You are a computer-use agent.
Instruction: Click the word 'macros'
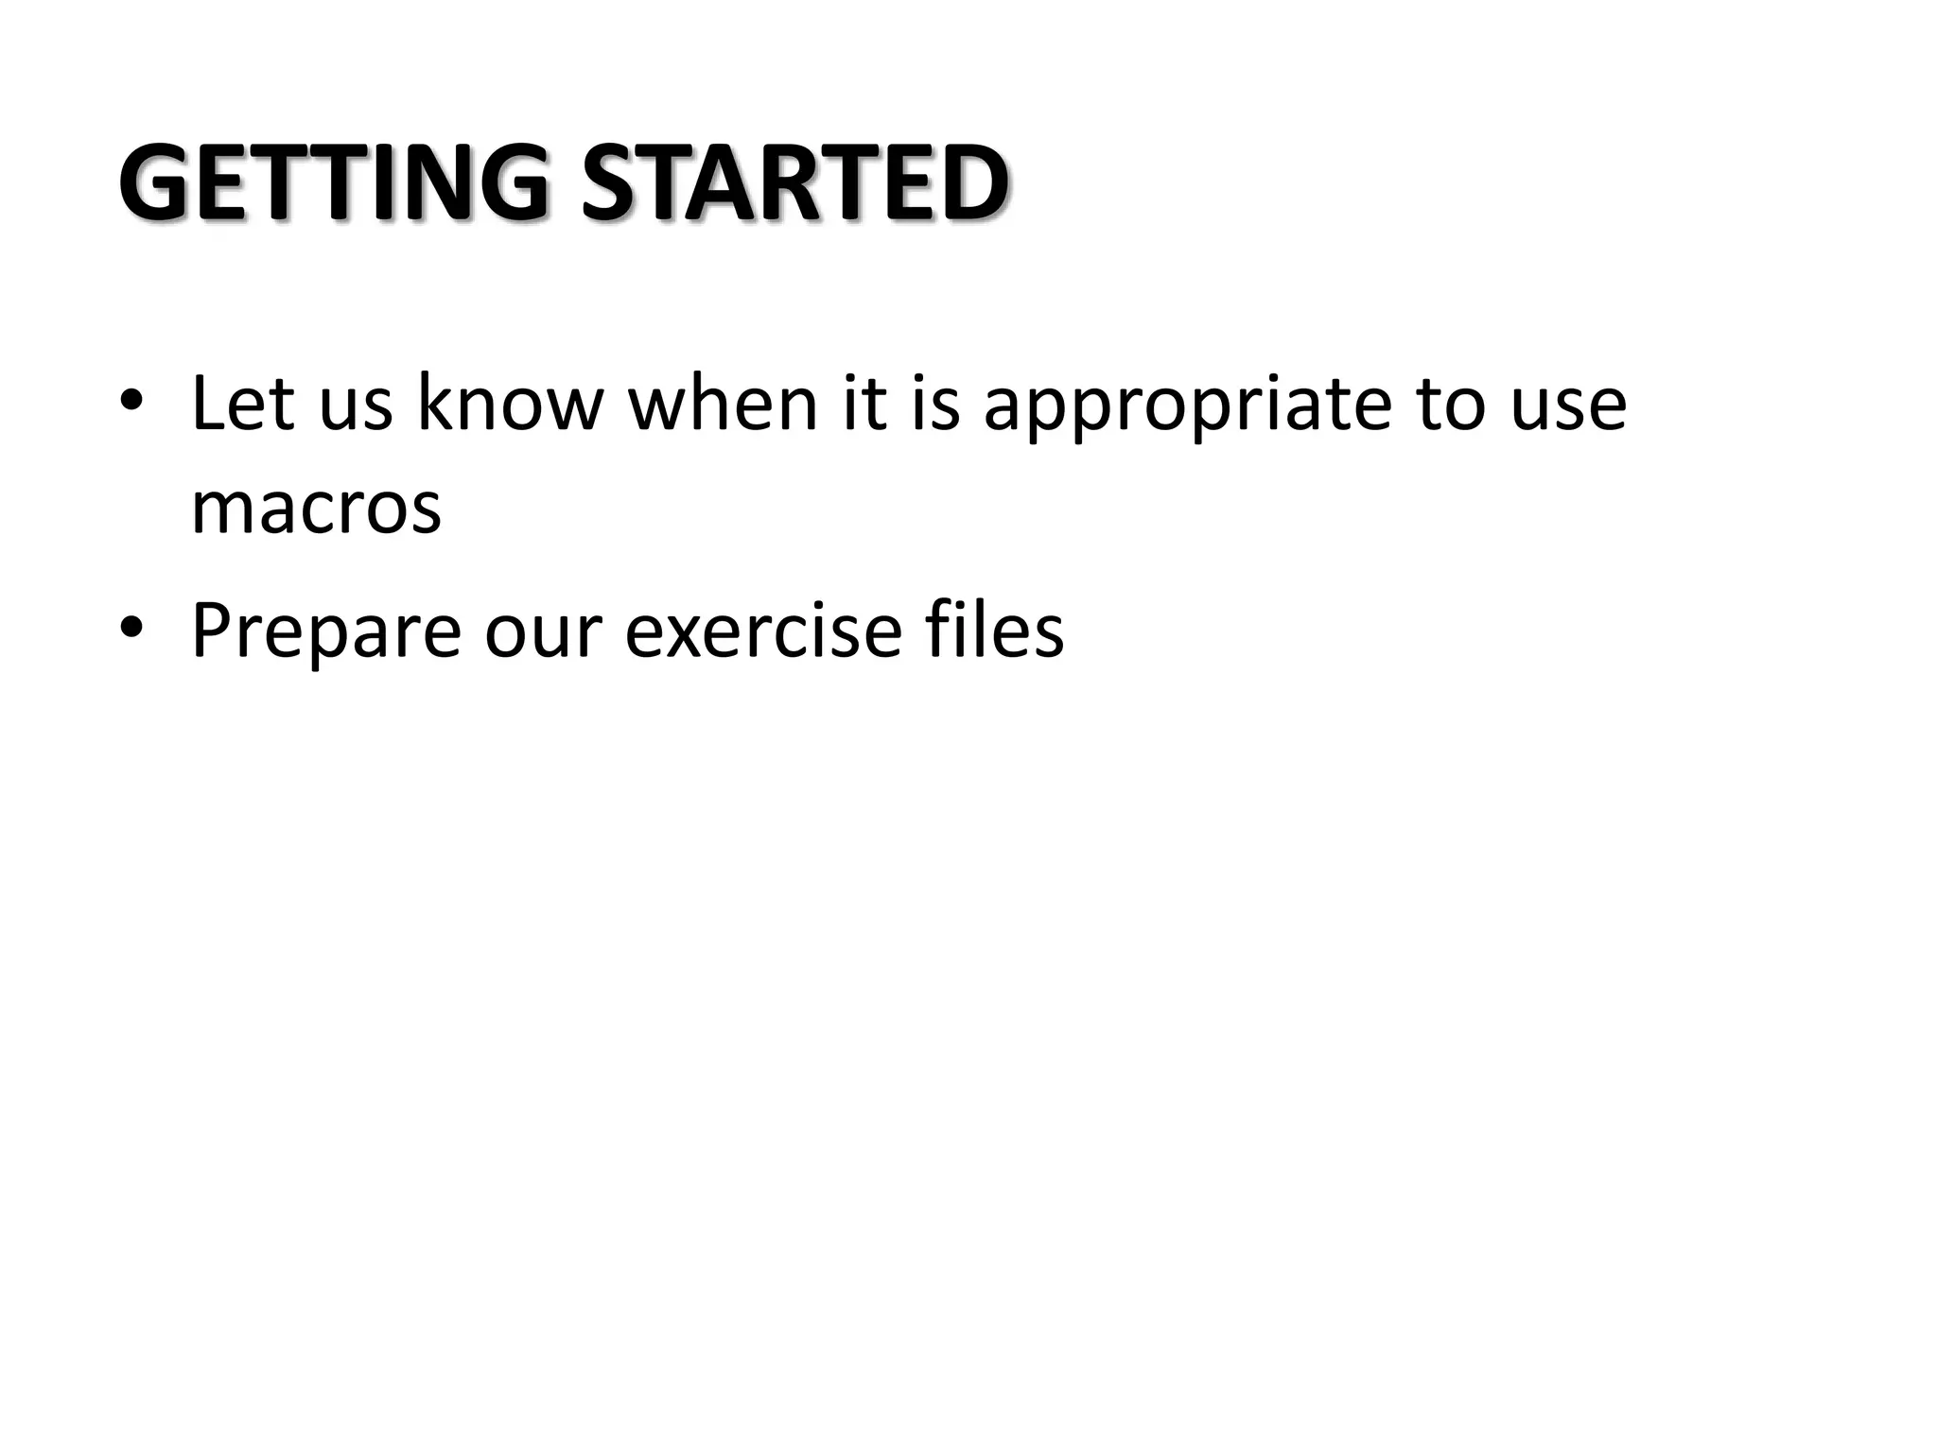click(x=316, y=510)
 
